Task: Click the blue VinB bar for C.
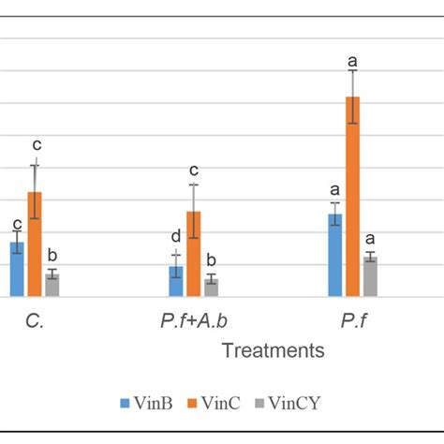coord(17,270)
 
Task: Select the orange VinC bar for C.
coord(35,244)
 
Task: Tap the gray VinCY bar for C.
coord(52,285)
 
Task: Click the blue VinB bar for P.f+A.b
coord(176,281)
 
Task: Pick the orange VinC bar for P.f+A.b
coord(194,254)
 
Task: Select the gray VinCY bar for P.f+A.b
coord(212,288)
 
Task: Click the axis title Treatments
coord(273,350)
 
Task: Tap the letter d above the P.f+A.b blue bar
coord(175,237)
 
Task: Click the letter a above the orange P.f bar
coord(353,62)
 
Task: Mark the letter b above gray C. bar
coord(53,256)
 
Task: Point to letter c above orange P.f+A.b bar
coord(194,170)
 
